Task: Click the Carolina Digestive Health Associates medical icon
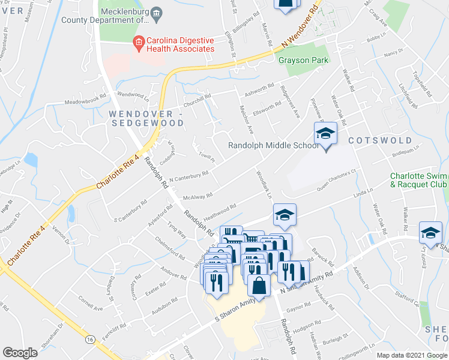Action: click(138, 42)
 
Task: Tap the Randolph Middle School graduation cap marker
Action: click(325, 133)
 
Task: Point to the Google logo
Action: click(20, 353)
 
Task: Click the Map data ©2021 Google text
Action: click(412, 355)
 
